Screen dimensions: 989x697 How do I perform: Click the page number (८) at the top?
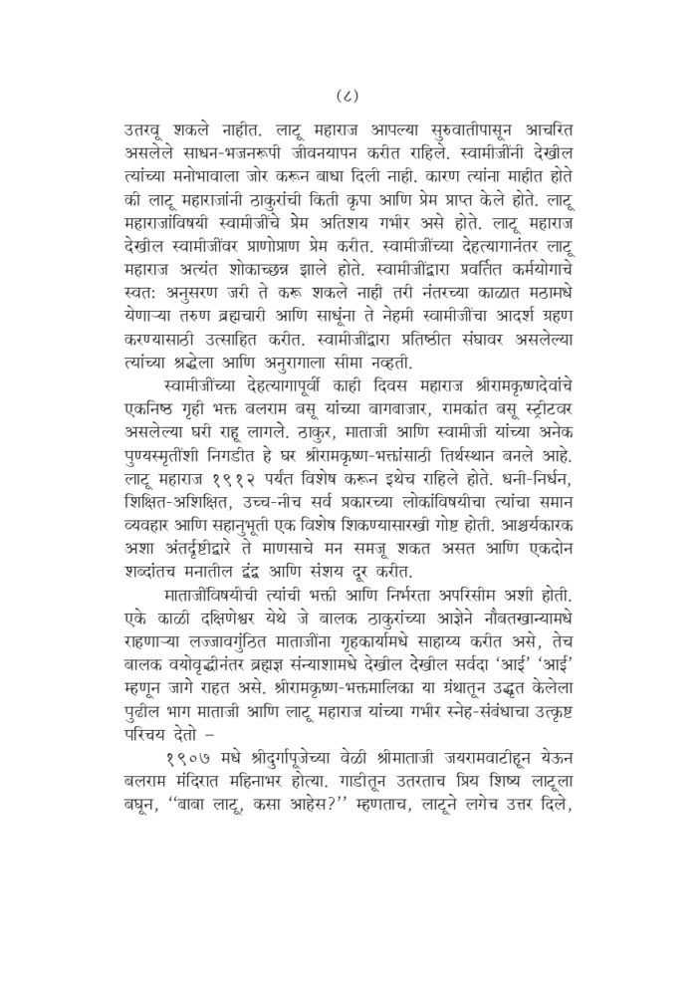[348, 97]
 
